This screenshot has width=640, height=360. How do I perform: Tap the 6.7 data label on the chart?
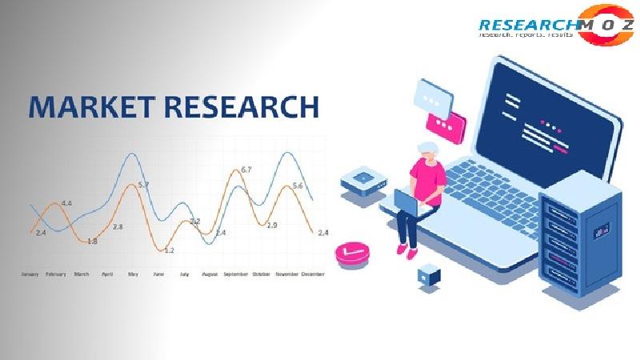[x=246, y=170]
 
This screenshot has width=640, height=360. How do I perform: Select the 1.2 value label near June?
[x=169, y=250]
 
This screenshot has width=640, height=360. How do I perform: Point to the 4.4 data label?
[x=66, y=203]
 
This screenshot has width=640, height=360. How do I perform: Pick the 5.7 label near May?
[x=144, y=185]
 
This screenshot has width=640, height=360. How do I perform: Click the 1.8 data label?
[x=92, y=241]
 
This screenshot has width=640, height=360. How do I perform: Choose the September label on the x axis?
[x=235, y=274]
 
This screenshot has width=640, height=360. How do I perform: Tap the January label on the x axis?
[x=30, y=274]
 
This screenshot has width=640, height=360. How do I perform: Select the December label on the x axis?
[x=313, y=274]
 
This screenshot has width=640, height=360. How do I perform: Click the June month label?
[x=158, y=274]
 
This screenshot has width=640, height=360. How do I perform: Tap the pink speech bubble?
[x=446, y=124]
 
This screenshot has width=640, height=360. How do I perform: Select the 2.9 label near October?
[x=272, y=226]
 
